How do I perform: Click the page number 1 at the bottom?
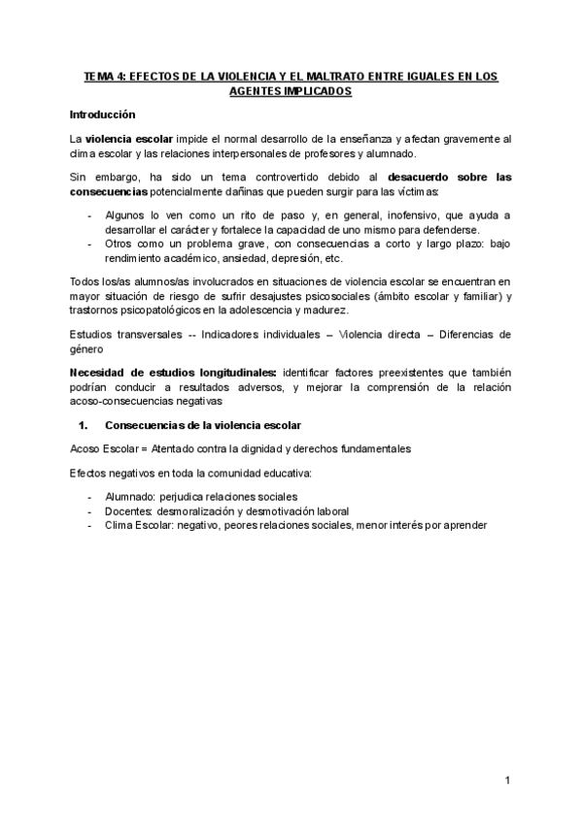[x=507, y=779]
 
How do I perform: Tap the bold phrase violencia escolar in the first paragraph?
[x=128, y=140]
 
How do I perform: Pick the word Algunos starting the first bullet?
[x=125, y=215]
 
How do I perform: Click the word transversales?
[x=142, y=335]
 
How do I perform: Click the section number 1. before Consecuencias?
[x=83, y=425]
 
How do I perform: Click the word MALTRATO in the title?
[x=324, y=76]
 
